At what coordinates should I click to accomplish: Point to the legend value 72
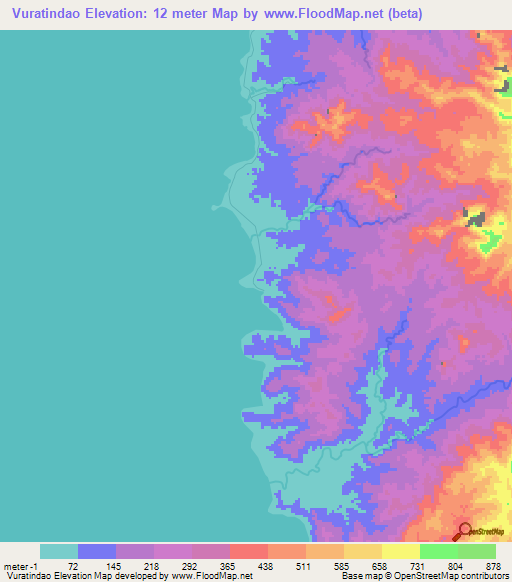click(72, 565)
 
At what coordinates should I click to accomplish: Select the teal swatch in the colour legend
click(59, 551)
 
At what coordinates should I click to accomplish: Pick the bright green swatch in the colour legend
click(439, 551)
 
